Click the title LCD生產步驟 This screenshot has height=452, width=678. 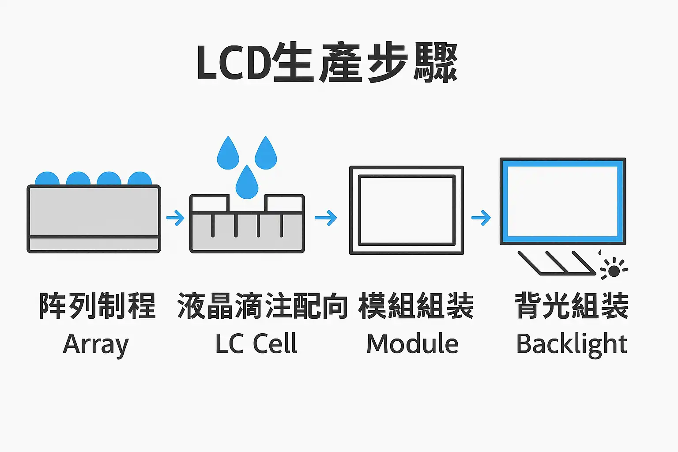pyautogui.click(x=327, y=63)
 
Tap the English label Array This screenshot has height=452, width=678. pyautogui.click(x=96, y=344)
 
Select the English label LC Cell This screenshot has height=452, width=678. pyautogui.click(x=256, y=344)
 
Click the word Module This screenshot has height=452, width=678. pyautogui.click(x=412, y=344)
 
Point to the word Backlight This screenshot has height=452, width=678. pyautogui.click(x=571, y=344)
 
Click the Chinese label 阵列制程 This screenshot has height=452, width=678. pyautogui.click(x=97, y=306)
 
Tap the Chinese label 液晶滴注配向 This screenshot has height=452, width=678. pyautogui.click(x=262, y=306)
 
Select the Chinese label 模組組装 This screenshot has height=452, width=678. pyautogui.click(x=416, y=306)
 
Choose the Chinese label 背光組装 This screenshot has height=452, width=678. pyautogui.click(x=571, y=306)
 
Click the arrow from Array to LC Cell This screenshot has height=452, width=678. pyautogui.click(x=175, y=218)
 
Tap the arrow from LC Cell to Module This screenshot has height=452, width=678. pyautogui.click(x=326, y=218)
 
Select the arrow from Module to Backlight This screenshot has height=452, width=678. pyautogui.click(x=481, y=218)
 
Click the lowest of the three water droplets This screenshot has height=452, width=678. pyautogui.click(x=247, y=183)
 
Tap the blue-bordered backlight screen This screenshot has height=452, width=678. pyautogui.click(x=563, y=201)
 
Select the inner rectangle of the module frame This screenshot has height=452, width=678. pyautogui.click(x=407, y=210)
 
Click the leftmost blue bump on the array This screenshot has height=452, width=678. pyautogui.click(x=47, y=179)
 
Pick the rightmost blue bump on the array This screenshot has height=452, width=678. pyautogui.click(x=140, y=179)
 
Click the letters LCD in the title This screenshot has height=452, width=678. pyautogui.click(x=233, y=63)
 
